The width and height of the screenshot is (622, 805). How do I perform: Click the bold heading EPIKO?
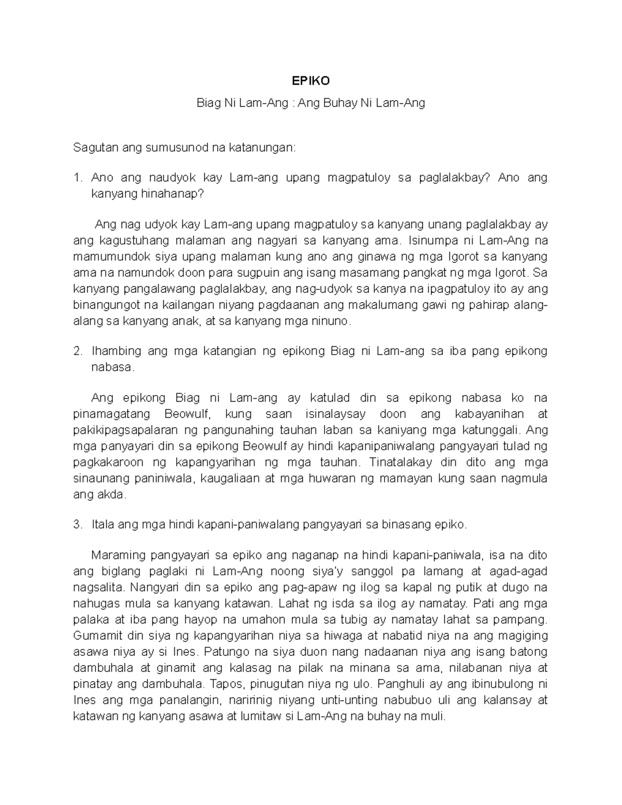click(x=310, y=81)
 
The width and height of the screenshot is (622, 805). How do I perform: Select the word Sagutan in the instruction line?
click(x=96, y=148)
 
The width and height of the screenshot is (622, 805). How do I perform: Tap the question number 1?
click(x=77, y=178)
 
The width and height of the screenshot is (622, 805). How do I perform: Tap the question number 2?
click(x=77, y=351)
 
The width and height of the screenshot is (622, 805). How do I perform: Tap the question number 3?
click(x=77, y=524)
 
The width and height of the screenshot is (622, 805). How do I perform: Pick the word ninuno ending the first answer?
click(x=330, y=321)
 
